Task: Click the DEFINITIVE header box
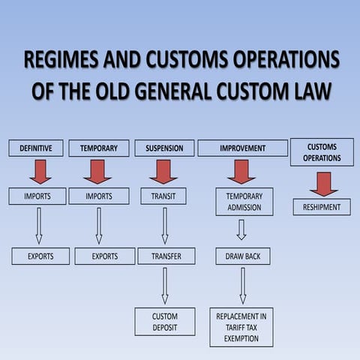[36, 148]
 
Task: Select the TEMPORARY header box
[99, 148]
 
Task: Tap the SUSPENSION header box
[164, 148]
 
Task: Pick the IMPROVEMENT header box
[242, 148]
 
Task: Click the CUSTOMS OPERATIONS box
[322, 152]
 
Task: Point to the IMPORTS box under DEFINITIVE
[37, 196]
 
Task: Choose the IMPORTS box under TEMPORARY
[99, 196]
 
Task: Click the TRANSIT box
[163, 196]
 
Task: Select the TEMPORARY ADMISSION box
[244, 202]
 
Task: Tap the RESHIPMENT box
[322, 207]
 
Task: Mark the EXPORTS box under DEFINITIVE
[40, 256]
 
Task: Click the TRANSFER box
[166, 256]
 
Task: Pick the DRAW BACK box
[243, 256]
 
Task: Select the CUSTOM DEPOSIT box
[165, 322]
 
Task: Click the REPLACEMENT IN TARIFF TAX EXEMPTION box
[241, 327]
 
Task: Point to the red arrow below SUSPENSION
[163, 171]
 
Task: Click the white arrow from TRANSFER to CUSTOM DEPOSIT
[165, 285]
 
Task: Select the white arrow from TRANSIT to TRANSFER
[164, 226]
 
